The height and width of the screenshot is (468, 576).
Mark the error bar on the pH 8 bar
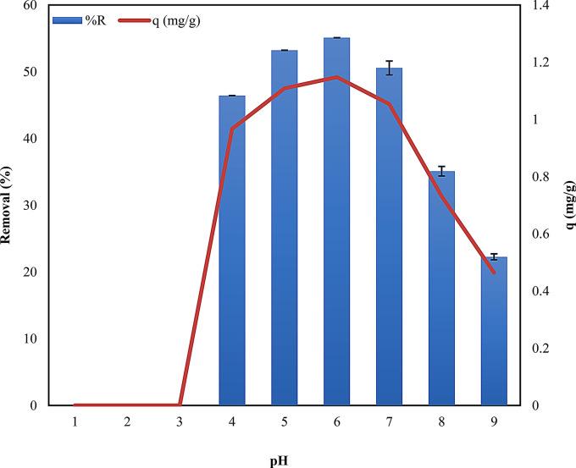point(441,171)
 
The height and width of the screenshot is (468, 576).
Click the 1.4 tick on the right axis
point(540,5)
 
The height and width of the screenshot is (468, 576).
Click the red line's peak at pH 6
point(336,77)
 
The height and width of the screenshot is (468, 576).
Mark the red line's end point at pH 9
point(494,272)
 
